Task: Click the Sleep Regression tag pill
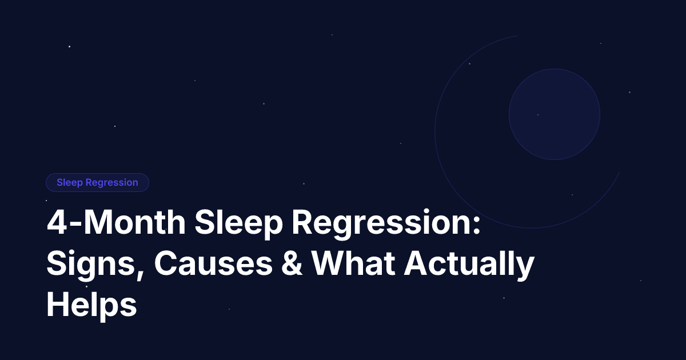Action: [x=97, y=183]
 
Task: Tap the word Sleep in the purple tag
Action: [x=70, y=183]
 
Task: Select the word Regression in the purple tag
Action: [x=111, y=183]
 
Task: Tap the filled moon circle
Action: [x=554, y=114]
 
